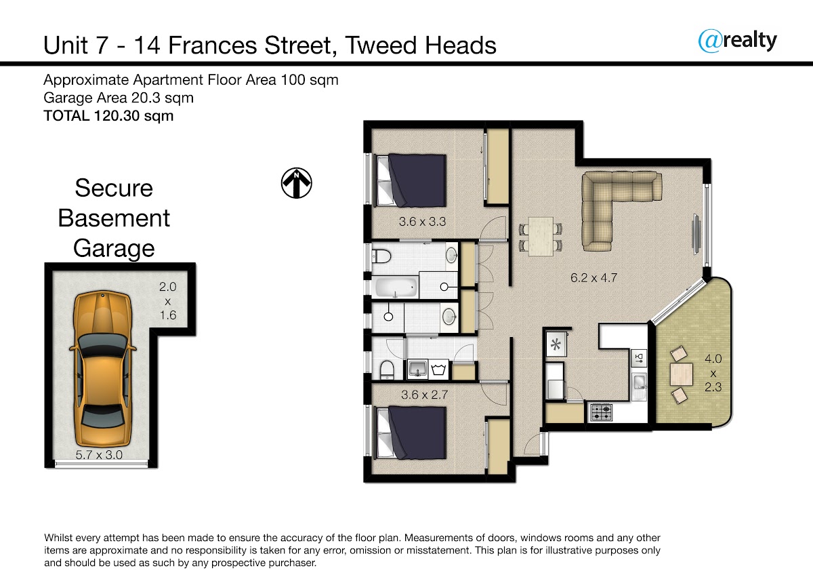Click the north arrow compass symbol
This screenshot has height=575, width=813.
coord(297,183)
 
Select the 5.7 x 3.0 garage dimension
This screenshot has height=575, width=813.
coord(99,454)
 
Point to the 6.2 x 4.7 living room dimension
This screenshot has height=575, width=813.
coord(593,278)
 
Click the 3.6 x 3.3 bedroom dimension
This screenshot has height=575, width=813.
coord(422,222)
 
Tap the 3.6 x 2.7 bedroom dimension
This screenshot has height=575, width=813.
coord(424,395)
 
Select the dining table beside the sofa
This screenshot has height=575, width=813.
coord(541,237)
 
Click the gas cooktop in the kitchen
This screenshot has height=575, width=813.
coord(602,413)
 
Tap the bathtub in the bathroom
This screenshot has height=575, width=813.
coord(395,287)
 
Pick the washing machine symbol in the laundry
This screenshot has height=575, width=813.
coord(438,370)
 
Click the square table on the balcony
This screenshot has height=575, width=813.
coord(681,374)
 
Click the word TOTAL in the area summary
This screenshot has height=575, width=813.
coord(66,116)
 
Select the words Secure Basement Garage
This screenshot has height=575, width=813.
coord(114,218)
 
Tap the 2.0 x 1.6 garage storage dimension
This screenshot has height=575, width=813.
coord(168,301)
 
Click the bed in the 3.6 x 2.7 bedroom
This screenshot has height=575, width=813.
coord(411,433)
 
